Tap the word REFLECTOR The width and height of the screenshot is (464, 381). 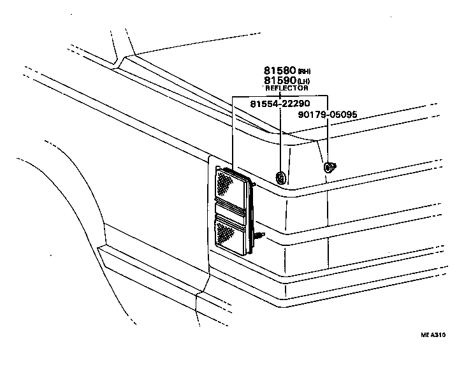coord(286,89)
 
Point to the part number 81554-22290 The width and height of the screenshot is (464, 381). coord(280,104)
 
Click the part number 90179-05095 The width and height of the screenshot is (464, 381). coord(328,115)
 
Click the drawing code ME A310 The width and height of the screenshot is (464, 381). coord(433,335)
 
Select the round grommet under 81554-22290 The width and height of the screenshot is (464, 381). coord(280,176)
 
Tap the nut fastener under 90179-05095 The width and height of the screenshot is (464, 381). coord(330,168)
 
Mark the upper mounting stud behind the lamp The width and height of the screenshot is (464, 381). coord(254,185)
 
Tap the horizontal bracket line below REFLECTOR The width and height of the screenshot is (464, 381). coord(280,96)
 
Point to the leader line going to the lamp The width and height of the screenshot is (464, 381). coord(233,134)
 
